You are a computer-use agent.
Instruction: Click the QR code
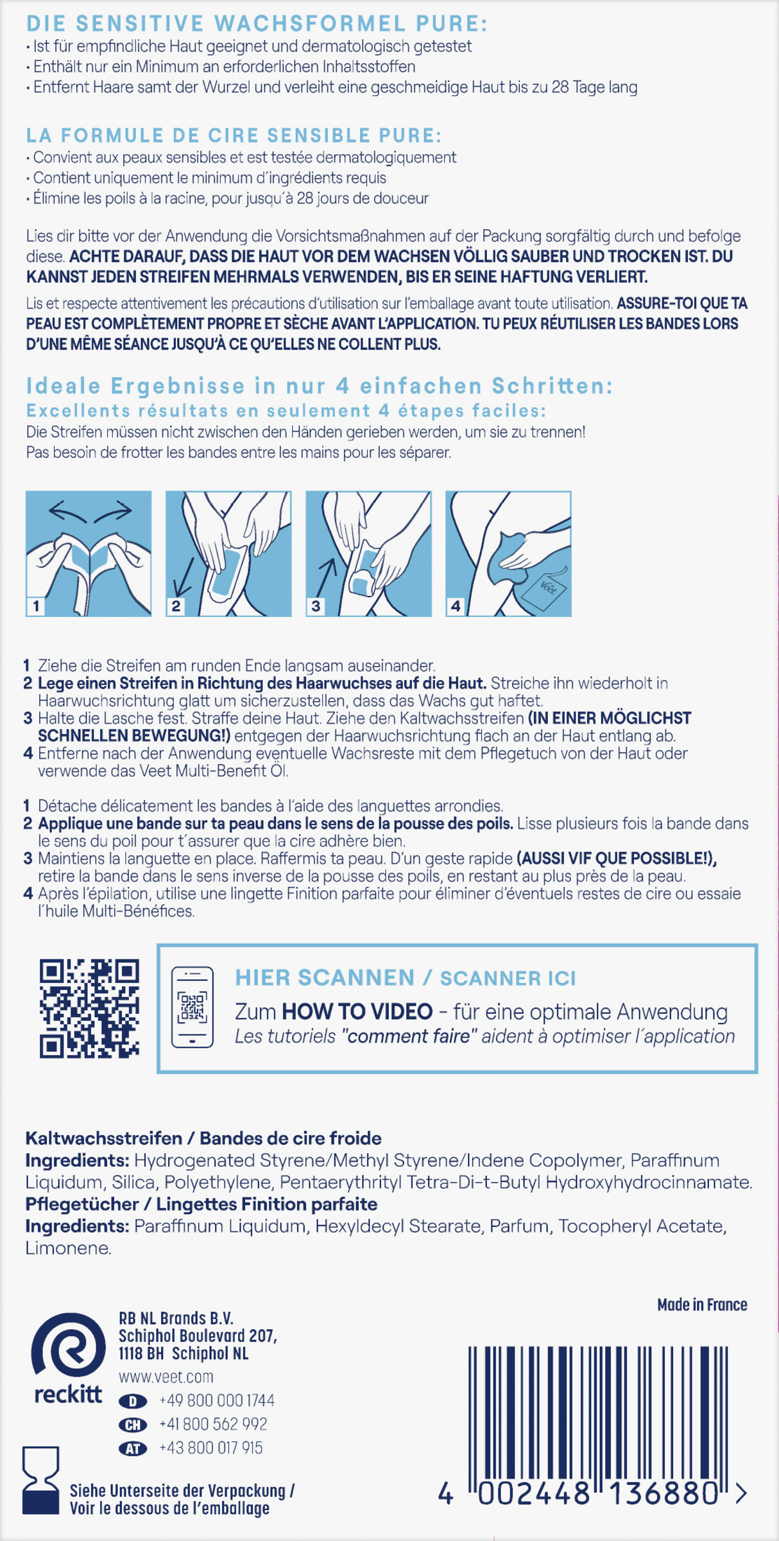(89, 1009)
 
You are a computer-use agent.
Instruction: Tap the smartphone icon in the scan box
(192, 1007)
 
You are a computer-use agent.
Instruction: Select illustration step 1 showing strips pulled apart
(89, 553)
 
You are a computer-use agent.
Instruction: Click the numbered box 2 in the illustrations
(176, 605)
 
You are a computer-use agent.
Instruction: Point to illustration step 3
(368, 553)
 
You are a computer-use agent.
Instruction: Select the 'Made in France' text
(702, 1305)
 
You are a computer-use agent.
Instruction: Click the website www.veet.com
(166, 1377)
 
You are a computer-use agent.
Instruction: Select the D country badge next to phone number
(133, 1401)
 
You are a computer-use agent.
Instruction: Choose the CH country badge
(133, 1425)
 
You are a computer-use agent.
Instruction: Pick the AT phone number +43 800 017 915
(210, 1448)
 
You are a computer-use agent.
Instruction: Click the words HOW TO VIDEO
(357, 1012)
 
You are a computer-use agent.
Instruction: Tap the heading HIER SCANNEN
(325, 978)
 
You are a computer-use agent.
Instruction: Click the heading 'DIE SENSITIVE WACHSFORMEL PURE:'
(257, 24)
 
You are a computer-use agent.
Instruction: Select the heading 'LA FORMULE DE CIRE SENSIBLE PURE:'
(234, 135)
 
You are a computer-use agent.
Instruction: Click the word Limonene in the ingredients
(68, 1248)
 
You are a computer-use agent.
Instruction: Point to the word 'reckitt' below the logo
(68, 1394)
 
